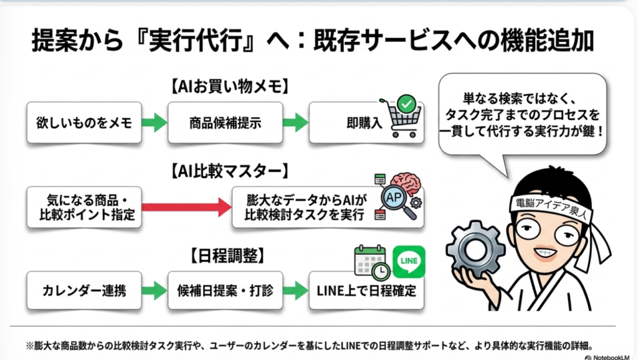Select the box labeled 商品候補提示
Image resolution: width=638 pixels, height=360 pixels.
click(x=224, y=123)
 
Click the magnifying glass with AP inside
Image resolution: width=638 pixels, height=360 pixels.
click(x=395, y=199)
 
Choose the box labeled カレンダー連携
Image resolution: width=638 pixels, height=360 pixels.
click(x=83, y=290)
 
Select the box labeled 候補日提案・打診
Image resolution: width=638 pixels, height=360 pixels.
click(x=225, y=290)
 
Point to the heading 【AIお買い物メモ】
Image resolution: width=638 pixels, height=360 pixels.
click(x=231, y=86)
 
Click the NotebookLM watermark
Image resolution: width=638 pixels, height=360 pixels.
click(x=610, y=357)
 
